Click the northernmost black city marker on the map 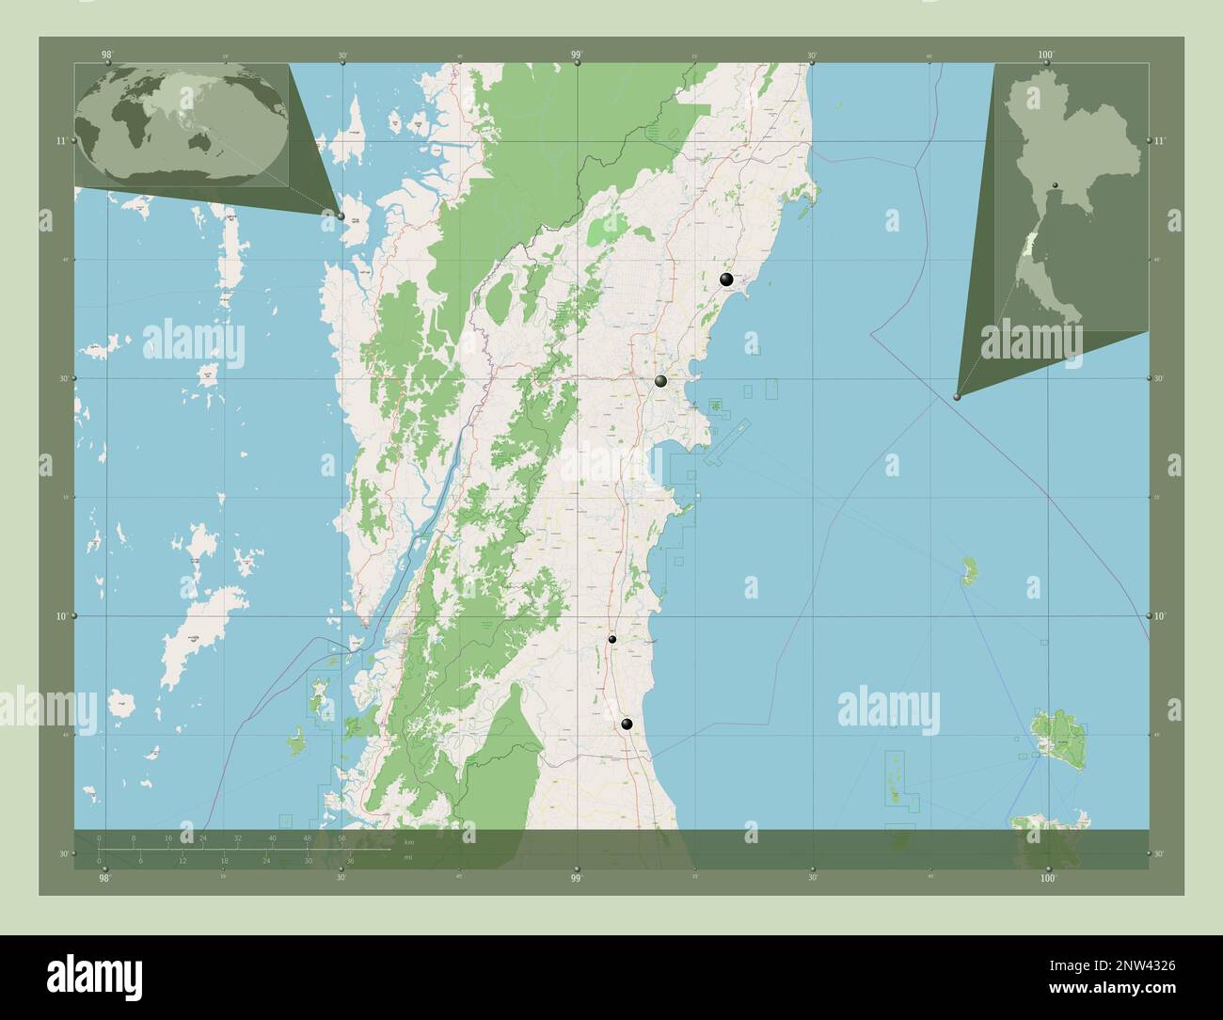[725, 279]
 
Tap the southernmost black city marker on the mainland [627, 724]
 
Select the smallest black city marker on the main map [611, 639]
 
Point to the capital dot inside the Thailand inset [1056, 183]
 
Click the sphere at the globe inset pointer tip [341, 215]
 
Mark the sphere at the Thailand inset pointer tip [958, 397]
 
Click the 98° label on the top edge [105, 56]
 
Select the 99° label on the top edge [577, 56]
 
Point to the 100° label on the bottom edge [1047, 877]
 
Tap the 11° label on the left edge [61, 141]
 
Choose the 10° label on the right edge [1159, 615]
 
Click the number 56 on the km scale [342, 837]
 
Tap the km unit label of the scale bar [408, 841]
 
